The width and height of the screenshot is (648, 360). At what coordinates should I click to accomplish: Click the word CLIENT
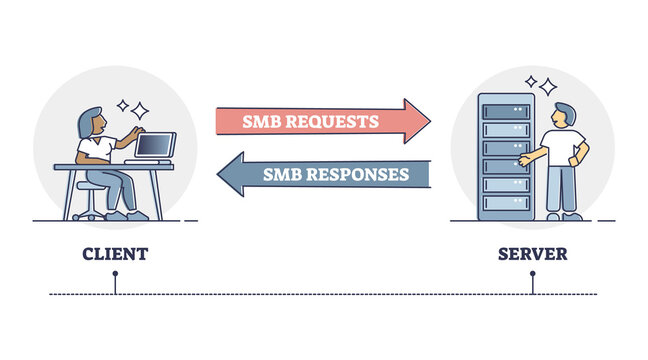[115, 254]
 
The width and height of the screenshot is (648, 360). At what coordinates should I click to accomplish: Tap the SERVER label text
[532, 254]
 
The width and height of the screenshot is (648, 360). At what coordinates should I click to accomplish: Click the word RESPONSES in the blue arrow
[354, 173]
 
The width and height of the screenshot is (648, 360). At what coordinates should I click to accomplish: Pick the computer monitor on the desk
[155, 146]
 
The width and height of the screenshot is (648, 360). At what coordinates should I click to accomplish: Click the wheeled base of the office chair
[89, 215]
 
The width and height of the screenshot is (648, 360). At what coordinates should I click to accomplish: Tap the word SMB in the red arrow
[258, 122]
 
